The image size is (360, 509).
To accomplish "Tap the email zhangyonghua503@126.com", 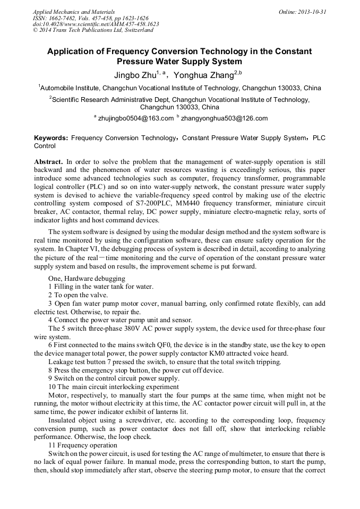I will point(224,118).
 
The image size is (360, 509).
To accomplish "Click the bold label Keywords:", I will point(51,137).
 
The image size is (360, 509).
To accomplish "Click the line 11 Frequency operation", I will point(82,445).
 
